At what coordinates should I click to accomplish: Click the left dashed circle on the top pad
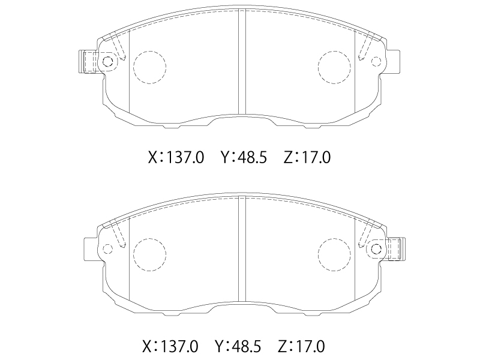[134, 67]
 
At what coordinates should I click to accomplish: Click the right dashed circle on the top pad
[318, 67]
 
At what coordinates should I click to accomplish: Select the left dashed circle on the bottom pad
[134, 254]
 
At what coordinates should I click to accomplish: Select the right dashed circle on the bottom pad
[318, 254]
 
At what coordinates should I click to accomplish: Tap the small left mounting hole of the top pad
[107, 62]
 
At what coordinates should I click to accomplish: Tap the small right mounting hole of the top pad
[376, 61]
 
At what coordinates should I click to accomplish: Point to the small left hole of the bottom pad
[107, 249]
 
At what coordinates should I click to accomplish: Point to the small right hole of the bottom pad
[376, 249]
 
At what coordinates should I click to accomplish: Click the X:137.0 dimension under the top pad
[176, 158]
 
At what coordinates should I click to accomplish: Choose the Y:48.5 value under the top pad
[244, 158]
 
